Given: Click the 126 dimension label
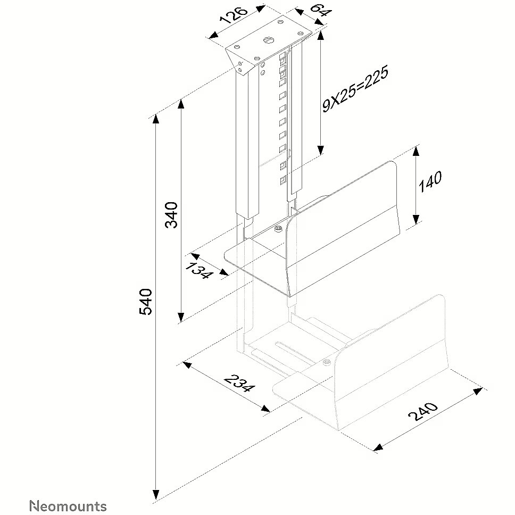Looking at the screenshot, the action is pyautogui.click(x=235, y=14).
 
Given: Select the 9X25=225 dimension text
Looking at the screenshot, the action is pyautogui.click(x=355, y=89).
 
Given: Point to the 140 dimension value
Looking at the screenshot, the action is pyautogui.click(x=430, y=181).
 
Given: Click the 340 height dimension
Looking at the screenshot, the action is pyautogui.click(x=171, y=215).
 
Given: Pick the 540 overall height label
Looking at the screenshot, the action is pyautogui.click(x=145, y=302).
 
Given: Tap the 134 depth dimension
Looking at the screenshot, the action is pyautogui.click(x=198, y=270).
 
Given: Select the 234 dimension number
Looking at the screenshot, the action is pyautogui.click(x=239, y=383).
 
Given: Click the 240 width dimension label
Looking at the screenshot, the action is pyautogui.click(x=423, y=411).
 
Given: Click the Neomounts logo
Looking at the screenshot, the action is pyautogui.click(x=68, y=506).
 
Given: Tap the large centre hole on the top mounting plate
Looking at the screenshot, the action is pyautogui.click(x=268, y=40).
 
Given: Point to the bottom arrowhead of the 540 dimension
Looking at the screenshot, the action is pyautogui.click(x=156, y=494).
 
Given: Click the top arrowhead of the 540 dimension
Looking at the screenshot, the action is pyautogui.click(x=156, y=119).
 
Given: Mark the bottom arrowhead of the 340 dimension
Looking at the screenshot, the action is pyautogui.click(x=180, y=317).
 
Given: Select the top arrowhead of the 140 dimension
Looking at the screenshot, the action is pyautogui.click(x=416, y=152).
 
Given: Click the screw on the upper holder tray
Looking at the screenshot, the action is pyautogui.click(x=279, y=228).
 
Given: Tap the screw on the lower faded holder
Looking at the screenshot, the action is pyautogui.click(x=326, y=362).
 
